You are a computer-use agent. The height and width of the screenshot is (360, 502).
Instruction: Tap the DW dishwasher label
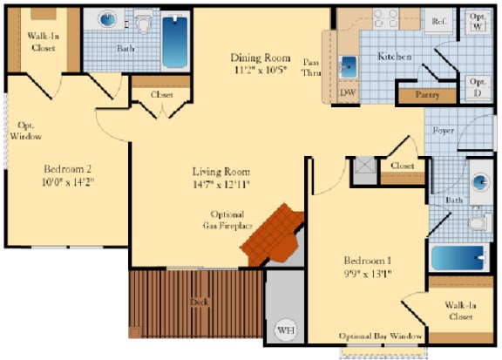pyautogui.click(x=347, y=92)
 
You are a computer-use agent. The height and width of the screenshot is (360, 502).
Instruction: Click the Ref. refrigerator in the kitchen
pyautogui.click(x=438, y=20)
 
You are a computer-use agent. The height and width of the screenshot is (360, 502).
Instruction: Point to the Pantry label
pyautogui.click(x=427, y=94)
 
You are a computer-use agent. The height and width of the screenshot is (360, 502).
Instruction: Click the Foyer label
pyautogui.click(x=443, y=132)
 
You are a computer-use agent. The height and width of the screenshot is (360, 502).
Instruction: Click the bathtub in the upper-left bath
pyautogui.click(x=175, y=41)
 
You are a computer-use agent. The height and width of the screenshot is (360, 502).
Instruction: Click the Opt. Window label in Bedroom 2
pyautogui.click(x=26, y=131)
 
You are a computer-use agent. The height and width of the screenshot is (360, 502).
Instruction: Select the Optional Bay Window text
pyautogui.click(x=381, y=336)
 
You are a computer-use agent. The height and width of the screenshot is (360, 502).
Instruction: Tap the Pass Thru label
pyautogui.click(x=311, y=67)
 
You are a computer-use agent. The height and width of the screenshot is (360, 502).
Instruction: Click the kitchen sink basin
pyautogui.click(x=348, y=66)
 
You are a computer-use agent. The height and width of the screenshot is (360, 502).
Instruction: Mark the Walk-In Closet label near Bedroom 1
pyautogui.click(x=459, y=311)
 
